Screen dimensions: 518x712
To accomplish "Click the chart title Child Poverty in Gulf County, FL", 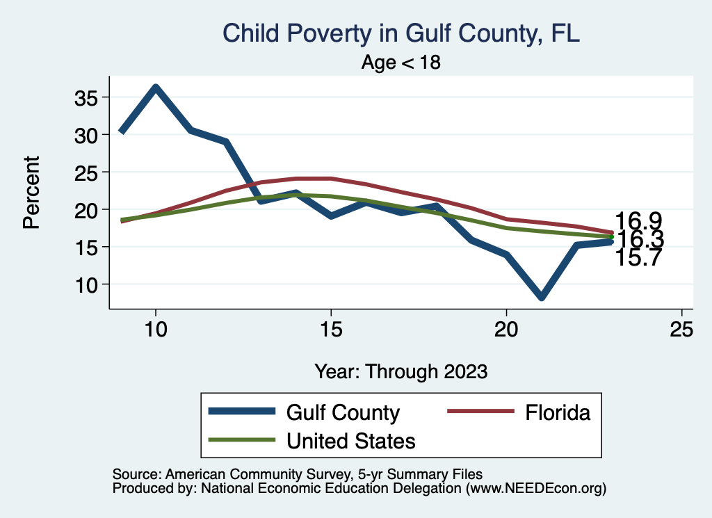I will click(400, 33).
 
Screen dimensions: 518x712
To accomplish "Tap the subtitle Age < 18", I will click(401, 63).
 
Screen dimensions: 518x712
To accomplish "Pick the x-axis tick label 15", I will click(330, 330).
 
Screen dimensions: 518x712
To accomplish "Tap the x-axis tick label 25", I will click(681, 330).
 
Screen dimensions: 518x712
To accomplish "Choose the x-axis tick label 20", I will click(506, 330).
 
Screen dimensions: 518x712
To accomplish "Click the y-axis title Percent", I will click(31, 192).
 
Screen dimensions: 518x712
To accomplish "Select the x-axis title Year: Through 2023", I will click(400, 371).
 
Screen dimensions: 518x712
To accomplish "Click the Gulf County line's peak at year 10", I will click(156, 88).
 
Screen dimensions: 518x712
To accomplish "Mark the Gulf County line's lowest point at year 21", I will click(541, 297).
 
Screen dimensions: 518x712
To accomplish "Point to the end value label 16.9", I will click(638, 222).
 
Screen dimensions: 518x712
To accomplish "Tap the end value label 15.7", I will click(638, 258).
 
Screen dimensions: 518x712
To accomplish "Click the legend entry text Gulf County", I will click(343, 412).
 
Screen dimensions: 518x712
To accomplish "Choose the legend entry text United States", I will click(351, 440).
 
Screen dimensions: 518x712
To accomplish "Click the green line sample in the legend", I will click(240, 440).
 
